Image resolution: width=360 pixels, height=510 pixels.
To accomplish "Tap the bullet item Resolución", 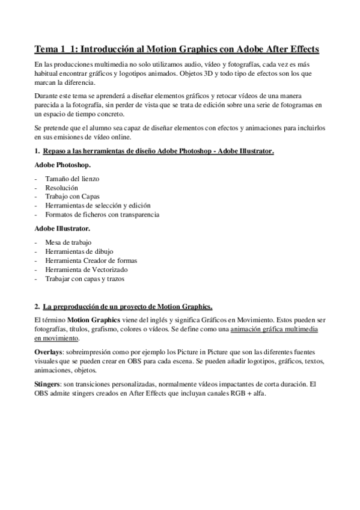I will coord(62,188).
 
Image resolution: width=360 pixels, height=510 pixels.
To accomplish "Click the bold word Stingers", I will coord(47,382).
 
